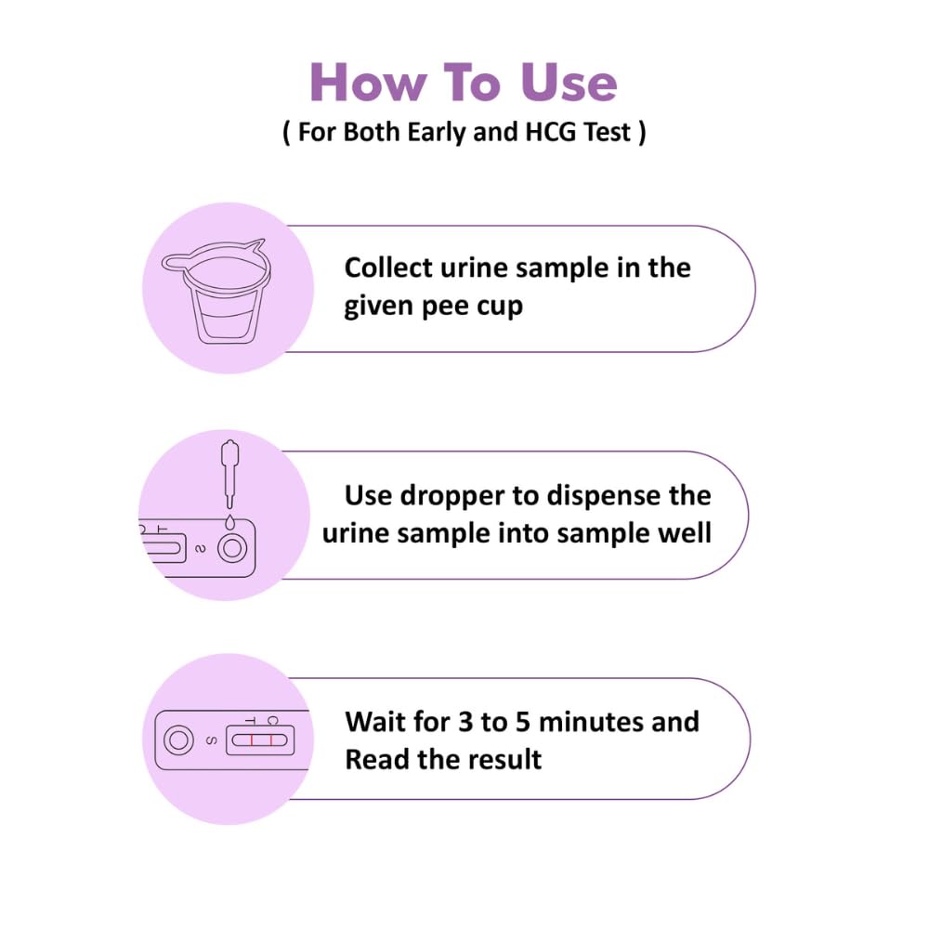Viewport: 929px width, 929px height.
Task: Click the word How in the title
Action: (x=368, y=83)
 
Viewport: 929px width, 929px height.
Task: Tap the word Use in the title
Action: (x=569, y=83)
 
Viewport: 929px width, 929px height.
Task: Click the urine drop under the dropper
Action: (x=229, y=522)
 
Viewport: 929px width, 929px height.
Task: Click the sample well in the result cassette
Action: (x=178, y=740)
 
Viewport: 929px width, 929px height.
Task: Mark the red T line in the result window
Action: (x=252, y=740)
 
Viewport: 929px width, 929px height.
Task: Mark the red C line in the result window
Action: (x=270, y=740)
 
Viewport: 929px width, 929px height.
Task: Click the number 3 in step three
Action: (x=465, y=722)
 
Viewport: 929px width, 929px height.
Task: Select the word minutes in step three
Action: (x=591, y=722)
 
